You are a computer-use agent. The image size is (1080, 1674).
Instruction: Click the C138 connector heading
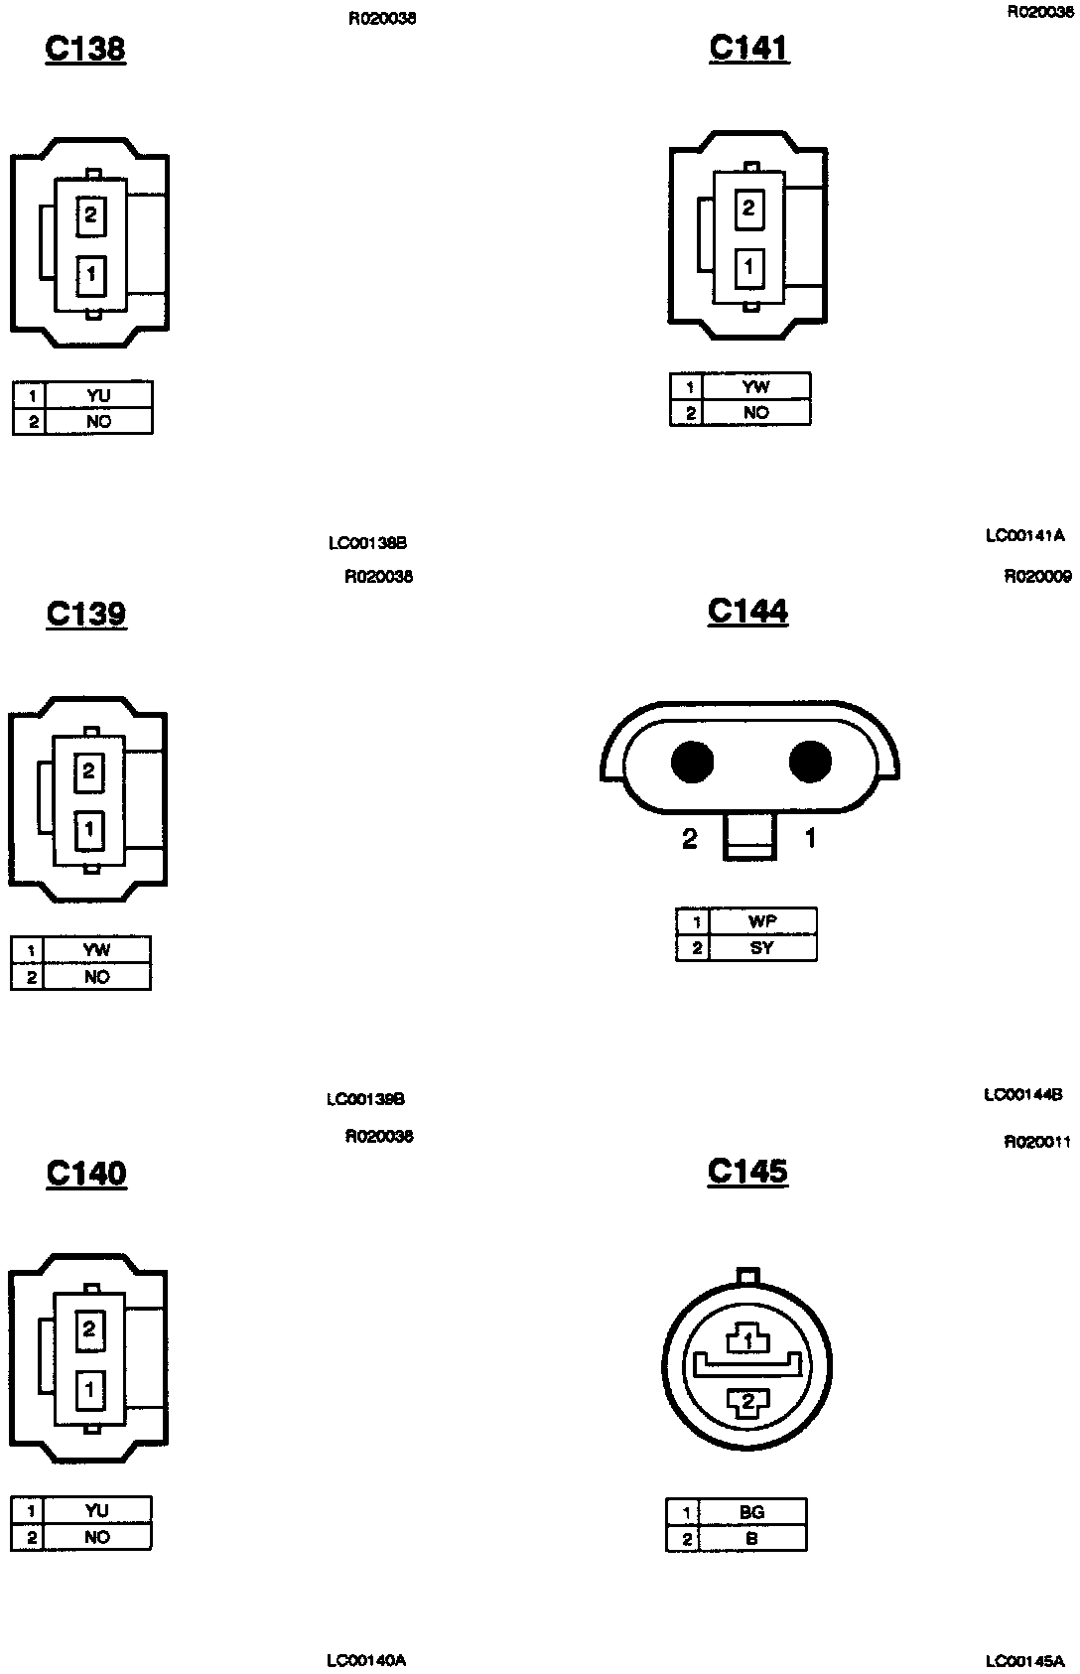pos(85,49)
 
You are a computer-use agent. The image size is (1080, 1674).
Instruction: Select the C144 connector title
pos(747,611)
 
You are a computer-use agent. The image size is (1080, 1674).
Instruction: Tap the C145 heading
pos(747,1172)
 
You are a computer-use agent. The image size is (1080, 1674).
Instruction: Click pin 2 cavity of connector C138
pos(90,214)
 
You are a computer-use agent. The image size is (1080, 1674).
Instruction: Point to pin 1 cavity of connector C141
pos(748,267)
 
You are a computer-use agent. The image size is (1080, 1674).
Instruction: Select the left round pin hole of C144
pos(692,763)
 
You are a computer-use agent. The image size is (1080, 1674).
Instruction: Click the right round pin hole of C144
pos(810,763)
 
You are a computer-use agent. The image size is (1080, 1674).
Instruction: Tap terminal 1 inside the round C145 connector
pos(748,1340)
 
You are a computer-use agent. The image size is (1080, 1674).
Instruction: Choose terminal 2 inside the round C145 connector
pos(748,1401)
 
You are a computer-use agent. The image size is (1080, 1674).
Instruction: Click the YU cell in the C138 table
pos(98,395)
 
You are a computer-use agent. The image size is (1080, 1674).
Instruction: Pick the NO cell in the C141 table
pos(755,413)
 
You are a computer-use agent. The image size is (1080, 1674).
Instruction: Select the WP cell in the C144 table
pos(761,921)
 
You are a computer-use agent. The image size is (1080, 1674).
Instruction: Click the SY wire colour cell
pos(761,948)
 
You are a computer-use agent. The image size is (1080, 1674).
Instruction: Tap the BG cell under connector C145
pos(751,1512)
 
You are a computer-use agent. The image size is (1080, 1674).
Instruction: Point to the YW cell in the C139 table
pos(96,950)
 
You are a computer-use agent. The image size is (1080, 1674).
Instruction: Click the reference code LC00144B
pos(1023,1095)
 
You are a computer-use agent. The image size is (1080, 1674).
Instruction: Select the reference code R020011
pos(1037,1142)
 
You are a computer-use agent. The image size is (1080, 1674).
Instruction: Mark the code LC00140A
pos(366,1660)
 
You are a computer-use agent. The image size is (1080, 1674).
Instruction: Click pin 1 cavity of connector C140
pos(89,1389)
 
